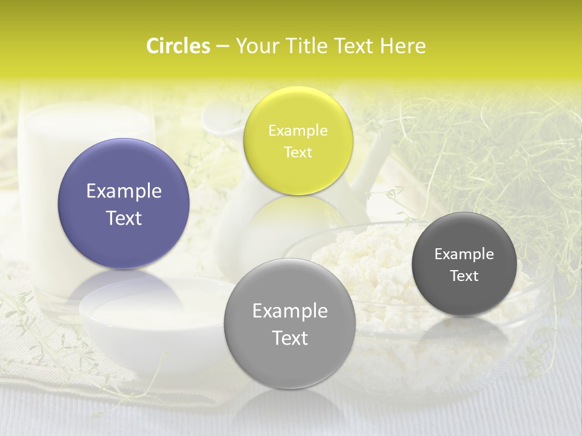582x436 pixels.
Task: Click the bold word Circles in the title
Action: click(x=178, y=46)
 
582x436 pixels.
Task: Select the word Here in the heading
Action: click(x=403, y=46)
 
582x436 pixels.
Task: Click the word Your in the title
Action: click(x=255, y=46)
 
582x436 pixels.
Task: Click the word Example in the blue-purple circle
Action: click(x=124, y=191)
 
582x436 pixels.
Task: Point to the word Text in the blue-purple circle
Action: click(x=124, y=218)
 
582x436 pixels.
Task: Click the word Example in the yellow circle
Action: click(x=298, y=131)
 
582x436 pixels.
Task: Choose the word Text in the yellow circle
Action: click(x=298, y=153)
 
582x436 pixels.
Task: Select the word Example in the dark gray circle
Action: click(x=464, y=254)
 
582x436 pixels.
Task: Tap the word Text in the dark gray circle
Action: click(x=464, y=276)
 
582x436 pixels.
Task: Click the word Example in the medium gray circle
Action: click(x=290, y=311)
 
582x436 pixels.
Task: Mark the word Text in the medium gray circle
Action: click(x=290, y=338)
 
